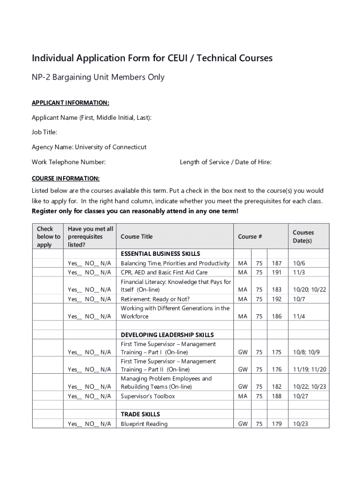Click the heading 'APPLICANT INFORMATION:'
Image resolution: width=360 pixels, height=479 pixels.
70,102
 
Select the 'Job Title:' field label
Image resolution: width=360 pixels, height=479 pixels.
44,132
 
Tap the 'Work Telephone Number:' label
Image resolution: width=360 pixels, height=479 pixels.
68,162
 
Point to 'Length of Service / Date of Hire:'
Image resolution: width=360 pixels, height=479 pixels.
225,162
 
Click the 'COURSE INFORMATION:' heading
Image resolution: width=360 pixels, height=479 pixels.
65,179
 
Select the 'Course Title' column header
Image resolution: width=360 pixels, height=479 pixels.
137,237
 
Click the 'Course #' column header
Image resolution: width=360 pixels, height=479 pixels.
250,237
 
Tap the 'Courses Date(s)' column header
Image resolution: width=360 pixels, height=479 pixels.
303,237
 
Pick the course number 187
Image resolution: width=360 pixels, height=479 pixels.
277,263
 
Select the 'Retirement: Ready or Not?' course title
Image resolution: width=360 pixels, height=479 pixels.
155,299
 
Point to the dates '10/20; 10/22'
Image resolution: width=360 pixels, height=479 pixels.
309,290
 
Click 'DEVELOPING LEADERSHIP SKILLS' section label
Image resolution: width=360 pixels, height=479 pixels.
167,335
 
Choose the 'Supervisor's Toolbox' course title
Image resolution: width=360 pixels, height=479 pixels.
148,396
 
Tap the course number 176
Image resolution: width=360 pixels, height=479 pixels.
277,370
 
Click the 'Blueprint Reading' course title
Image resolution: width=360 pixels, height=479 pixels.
144,424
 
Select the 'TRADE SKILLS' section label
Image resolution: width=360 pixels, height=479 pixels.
140,414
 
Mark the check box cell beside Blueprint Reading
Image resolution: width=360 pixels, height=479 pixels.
48,424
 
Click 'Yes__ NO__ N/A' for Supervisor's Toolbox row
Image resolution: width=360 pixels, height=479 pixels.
89,396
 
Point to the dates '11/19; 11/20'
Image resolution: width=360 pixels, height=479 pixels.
309,370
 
